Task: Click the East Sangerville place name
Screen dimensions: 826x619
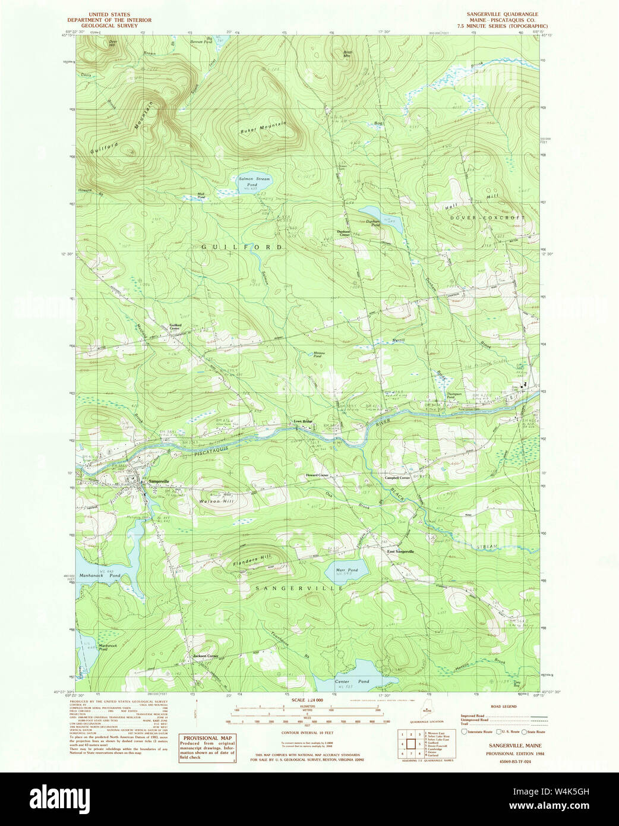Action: point(400,551)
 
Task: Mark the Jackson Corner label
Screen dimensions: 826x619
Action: point(206,655)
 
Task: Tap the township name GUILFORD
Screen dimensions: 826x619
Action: point(240,247)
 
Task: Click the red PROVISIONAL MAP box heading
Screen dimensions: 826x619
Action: point(207,738)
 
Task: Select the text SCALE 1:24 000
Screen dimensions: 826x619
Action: point(307,700)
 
